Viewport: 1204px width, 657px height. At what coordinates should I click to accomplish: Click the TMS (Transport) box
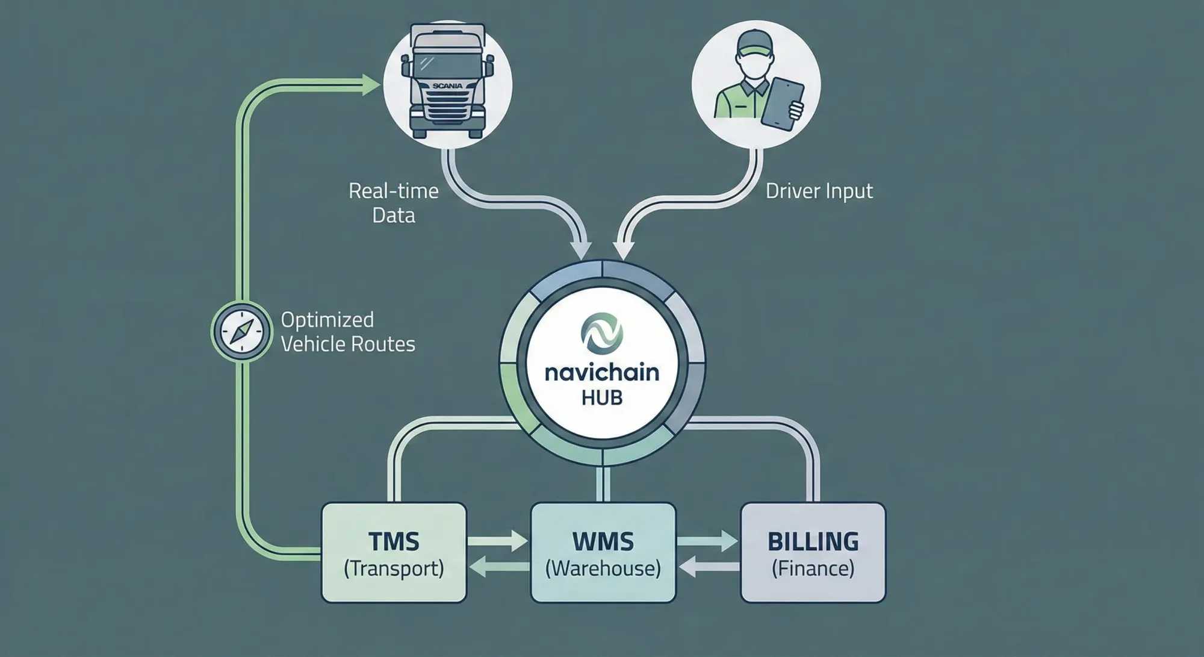394,553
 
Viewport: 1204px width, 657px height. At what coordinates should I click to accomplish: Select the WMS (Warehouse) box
603,553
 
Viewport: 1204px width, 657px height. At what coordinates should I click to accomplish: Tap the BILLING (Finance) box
813,553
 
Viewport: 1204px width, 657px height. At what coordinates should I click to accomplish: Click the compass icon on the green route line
241,331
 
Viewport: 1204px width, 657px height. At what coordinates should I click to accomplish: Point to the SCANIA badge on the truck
447,86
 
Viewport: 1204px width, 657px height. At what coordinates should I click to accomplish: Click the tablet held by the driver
782,104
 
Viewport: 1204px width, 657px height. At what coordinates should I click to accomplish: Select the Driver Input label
819,191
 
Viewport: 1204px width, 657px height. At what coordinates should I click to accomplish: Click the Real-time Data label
394,203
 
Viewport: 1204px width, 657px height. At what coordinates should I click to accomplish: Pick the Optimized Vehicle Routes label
347,332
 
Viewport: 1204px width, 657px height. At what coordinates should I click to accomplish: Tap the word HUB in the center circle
602,398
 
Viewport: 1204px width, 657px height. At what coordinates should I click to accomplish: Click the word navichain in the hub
602,373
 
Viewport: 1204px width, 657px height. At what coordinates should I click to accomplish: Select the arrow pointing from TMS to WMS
498,540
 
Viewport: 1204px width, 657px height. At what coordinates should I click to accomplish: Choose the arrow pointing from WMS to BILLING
707,540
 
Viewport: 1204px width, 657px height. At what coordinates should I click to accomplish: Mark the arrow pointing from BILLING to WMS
709,566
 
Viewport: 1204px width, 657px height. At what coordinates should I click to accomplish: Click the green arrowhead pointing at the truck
370,85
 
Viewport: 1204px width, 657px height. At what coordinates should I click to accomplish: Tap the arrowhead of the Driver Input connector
624,249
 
